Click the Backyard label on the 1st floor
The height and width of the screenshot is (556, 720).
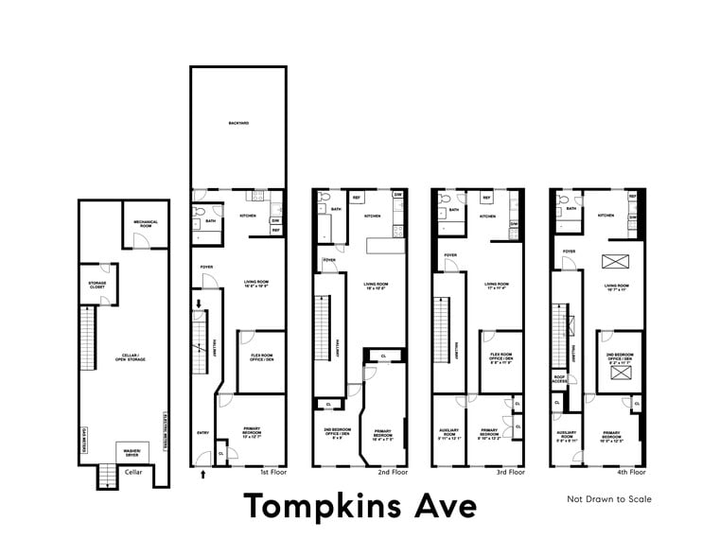point(237,124)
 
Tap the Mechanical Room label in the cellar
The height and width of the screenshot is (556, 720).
point(145,223)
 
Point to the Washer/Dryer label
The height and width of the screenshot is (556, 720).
point(132,453)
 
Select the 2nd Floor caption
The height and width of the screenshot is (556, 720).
point(392,471)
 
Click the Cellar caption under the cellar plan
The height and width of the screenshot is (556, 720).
point(133,471)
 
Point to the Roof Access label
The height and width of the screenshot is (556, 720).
point(561,380)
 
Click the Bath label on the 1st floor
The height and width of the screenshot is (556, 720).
point(212,220)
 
